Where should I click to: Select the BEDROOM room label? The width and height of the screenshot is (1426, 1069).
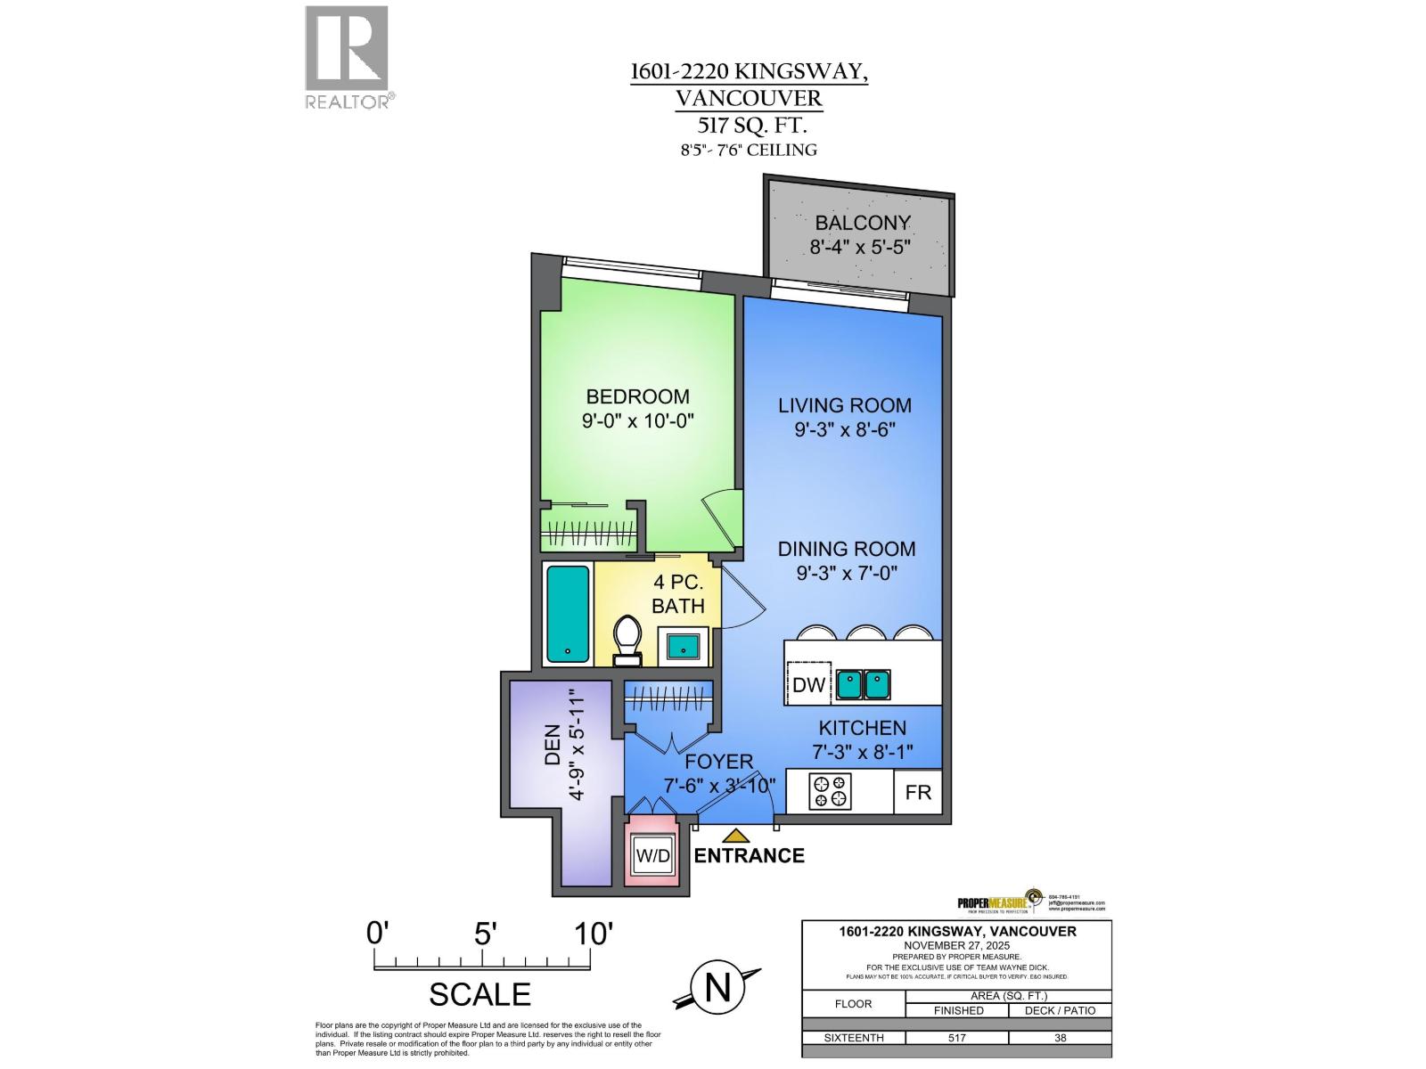point(637,396)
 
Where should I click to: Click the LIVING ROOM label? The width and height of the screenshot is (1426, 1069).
point(845,405)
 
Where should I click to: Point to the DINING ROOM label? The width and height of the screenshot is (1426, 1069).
point(846,549)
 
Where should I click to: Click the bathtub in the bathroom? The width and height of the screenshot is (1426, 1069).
point(568,614)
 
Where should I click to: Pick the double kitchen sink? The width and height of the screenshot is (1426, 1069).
point(864,684)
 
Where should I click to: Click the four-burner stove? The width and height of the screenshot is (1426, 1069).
point(831,791)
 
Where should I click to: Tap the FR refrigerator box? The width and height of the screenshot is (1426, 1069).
point(918,791)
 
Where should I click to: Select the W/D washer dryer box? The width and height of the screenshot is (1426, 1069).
point(652,856)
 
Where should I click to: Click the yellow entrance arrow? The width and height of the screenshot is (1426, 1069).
point(735,836)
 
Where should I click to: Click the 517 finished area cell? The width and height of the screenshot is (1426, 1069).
point(957,1038)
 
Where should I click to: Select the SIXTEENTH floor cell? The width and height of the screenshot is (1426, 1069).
point(853,1038)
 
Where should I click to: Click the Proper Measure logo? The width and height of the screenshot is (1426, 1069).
point(998,902)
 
